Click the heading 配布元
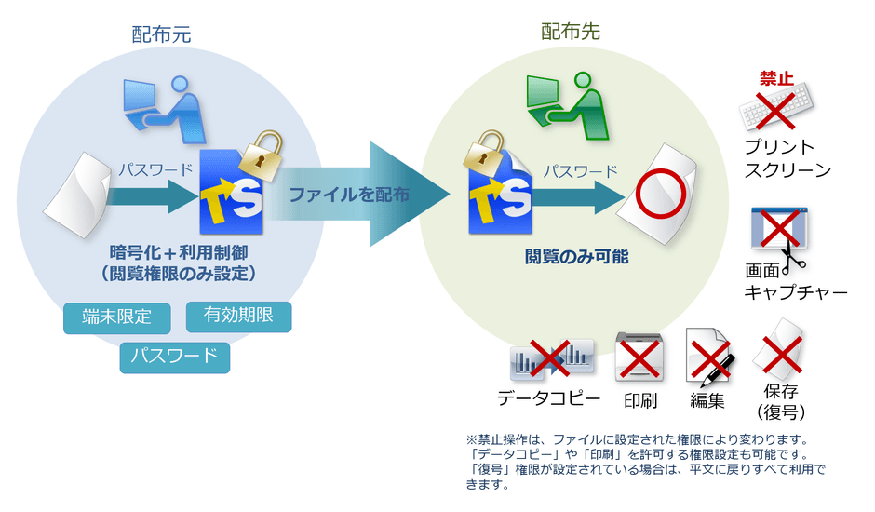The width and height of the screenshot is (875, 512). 161,34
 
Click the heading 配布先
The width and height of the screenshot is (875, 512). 571,33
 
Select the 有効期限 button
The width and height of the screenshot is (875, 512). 239,317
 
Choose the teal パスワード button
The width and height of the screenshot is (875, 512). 174,357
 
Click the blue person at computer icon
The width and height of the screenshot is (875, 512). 162,106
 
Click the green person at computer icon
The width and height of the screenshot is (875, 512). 564,101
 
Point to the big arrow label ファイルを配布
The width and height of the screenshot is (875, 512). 347,195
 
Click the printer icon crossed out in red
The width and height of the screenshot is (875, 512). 640,357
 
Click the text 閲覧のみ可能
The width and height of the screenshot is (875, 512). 575,256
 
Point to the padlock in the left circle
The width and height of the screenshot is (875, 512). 260,151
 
